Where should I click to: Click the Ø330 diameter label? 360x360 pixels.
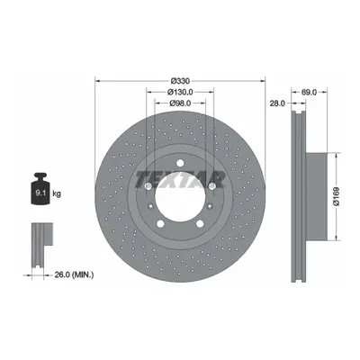click(180, 81)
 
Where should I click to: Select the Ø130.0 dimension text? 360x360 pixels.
click(180, 92)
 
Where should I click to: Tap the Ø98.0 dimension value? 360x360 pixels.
click(180, 103)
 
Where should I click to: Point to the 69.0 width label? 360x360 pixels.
click(310, 92)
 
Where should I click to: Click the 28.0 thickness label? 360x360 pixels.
click(277, 103)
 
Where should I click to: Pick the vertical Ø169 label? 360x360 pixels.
click(337, 196)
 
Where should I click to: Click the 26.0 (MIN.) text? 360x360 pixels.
click(74, 274)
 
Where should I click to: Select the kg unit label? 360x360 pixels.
click(57, 193)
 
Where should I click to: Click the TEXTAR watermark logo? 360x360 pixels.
click(180, 180)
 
